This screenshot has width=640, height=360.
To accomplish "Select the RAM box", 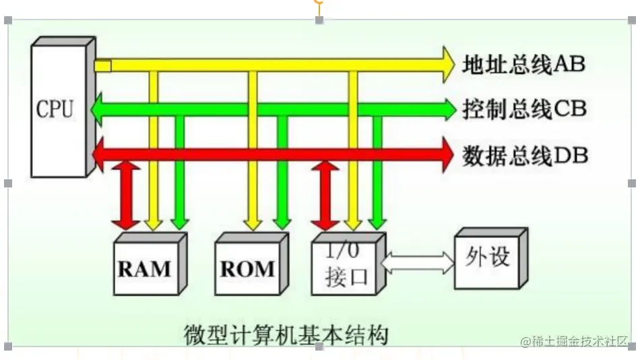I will (144, 268).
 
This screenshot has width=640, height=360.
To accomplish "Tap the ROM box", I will (247, 268).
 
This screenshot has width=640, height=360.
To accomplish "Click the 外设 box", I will (486, 258).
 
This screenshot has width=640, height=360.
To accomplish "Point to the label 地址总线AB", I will (523, 65).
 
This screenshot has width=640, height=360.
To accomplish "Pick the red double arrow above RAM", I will (125, 194).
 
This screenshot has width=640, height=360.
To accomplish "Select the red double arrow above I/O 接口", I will (325, 194).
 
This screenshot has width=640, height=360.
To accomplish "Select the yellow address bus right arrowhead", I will (447, 65).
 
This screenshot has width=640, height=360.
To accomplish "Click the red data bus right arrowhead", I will (446, 156).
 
